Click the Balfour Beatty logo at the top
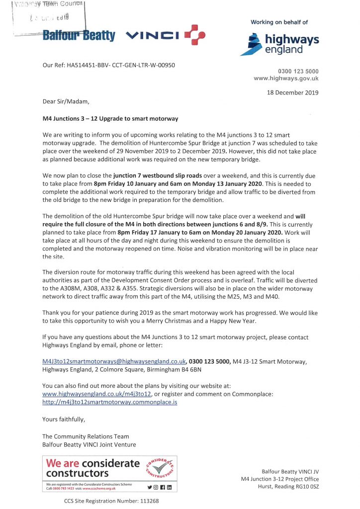click(x=79, y=36)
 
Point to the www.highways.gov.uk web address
click(x=286, y=79)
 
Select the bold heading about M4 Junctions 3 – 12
click(x=110, y=119)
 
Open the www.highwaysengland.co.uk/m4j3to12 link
click(x=89, y=394)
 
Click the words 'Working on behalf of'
click(x=279, y=22)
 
